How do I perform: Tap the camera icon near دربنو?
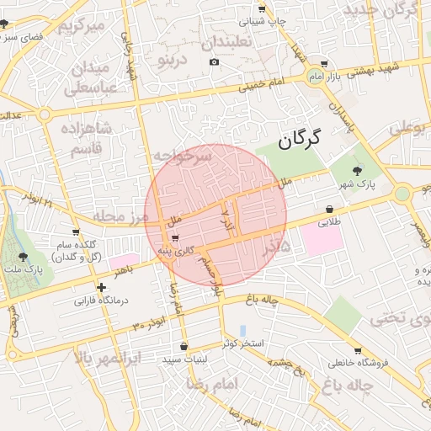214,62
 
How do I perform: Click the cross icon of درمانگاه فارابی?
102,287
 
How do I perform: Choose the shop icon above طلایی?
329,210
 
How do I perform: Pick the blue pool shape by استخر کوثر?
243,330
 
